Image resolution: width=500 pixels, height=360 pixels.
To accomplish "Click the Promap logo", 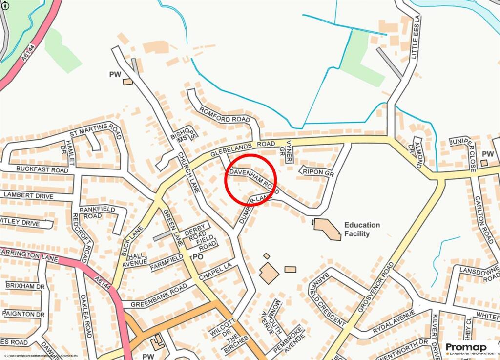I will click(469, 348).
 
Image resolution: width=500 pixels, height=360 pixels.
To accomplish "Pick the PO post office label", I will click(198, 256).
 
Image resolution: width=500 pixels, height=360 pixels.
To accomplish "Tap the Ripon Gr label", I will click(317, 171).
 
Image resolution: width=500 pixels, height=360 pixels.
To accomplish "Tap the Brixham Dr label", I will click(25, 285).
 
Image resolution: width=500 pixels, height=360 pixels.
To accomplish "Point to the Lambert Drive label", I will click(30, 194).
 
